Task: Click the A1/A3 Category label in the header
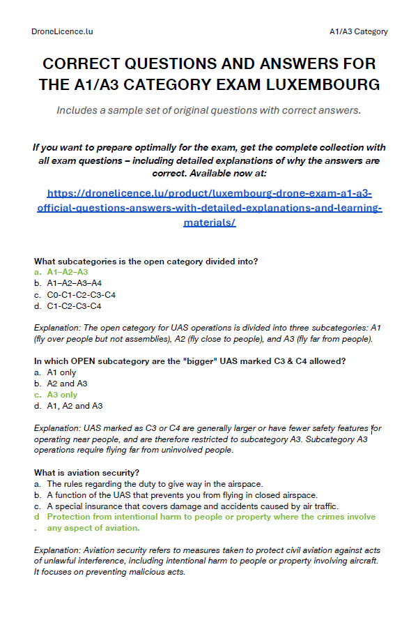[359, 31]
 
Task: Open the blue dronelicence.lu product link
[209, 207]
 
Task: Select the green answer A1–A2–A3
[67, 272]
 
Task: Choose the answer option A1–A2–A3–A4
[74, 283]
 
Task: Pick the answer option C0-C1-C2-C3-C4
[81, 294]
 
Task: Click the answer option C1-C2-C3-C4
[74, 305]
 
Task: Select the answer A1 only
[61, 372]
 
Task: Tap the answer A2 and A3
[67, 384]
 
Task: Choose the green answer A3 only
[62, 395]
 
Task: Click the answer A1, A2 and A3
[75, 406]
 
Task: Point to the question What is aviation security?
[87, 472]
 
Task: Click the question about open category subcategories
[146, 261]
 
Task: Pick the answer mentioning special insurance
[192, 506]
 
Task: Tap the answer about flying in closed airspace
[182, 494]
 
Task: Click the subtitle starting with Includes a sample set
[209, 110]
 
